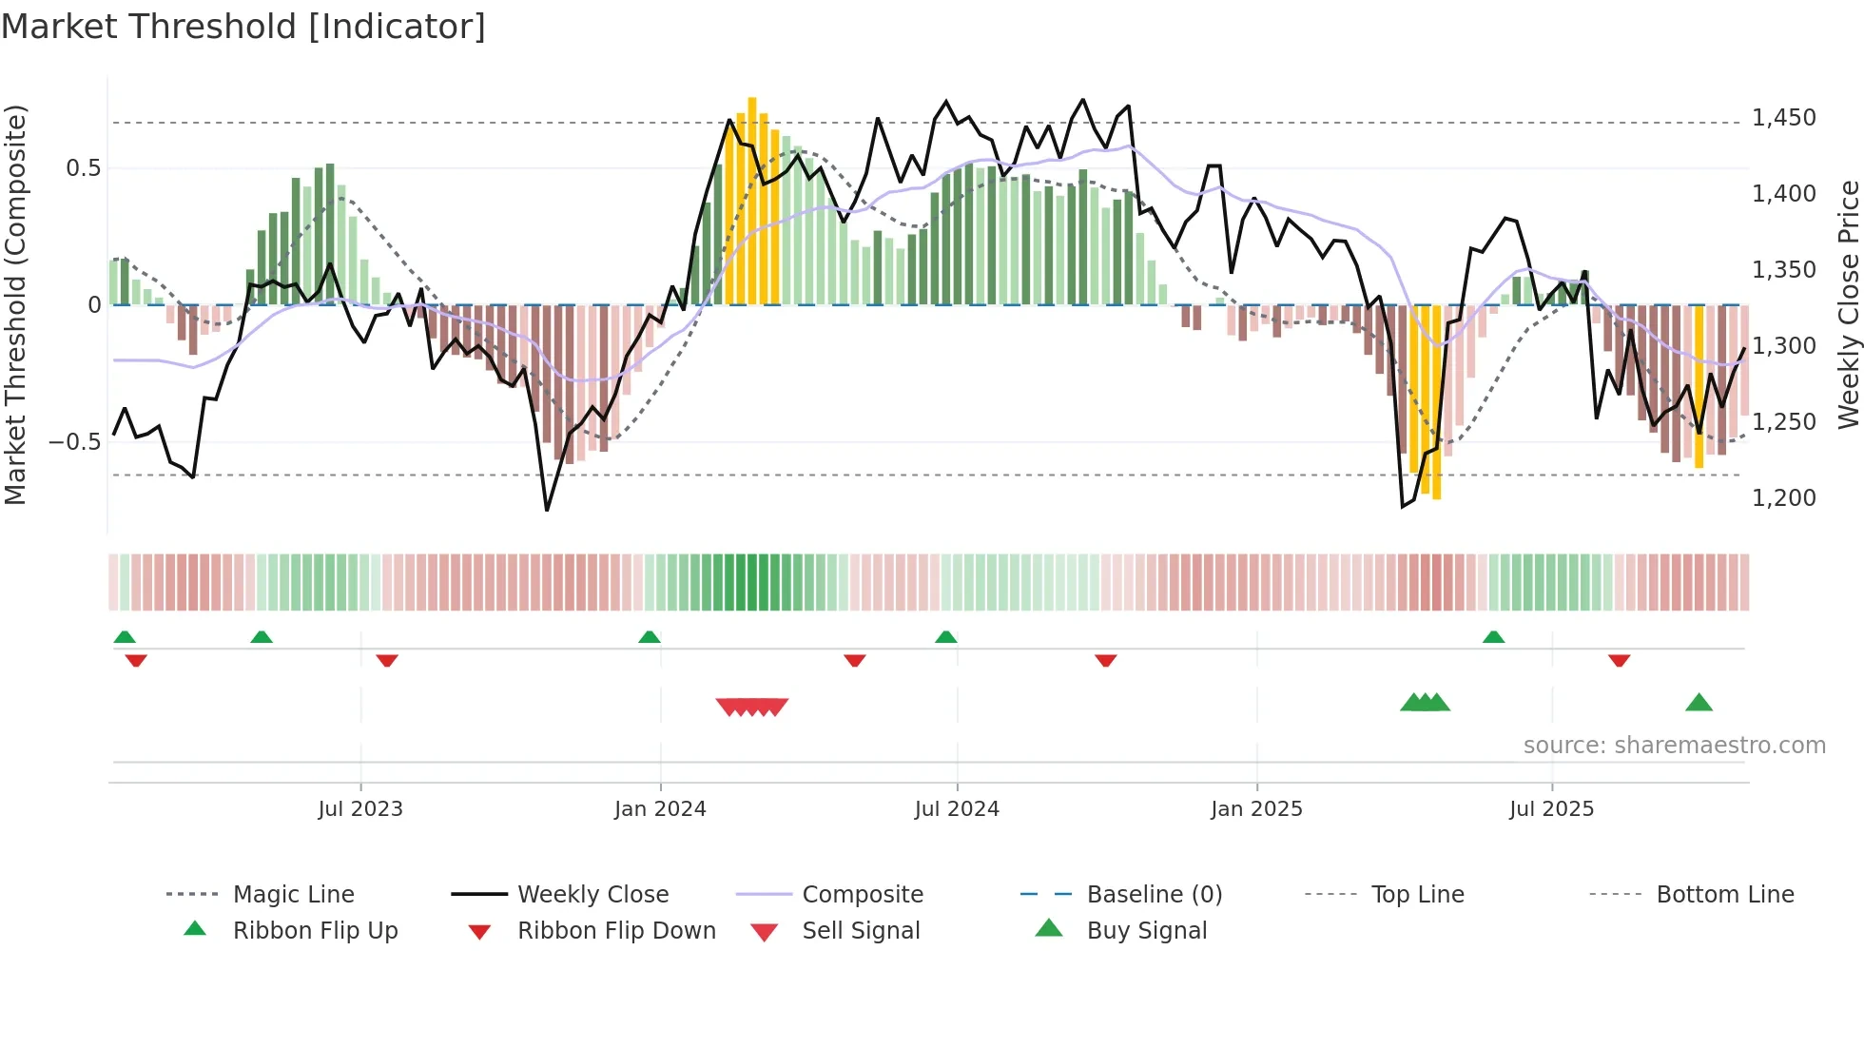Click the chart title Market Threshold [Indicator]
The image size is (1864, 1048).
pos(243,27)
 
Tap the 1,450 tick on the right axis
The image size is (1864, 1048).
pos(1783,118)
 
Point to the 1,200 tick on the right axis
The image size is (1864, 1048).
pos(1783,497)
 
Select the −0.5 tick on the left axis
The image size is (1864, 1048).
pos(74,442)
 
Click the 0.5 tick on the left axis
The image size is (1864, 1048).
pos(83,168)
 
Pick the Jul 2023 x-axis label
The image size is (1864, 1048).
pos(360,809)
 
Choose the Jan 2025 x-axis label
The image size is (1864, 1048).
pos(1256,809)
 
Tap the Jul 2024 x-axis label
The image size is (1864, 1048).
pos(957,809)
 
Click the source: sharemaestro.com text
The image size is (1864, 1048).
pos(1674,746)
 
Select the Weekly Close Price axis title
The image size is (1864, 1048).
pos(1848,304)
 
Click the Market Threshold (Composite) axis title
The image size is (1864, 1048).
pos(15,304)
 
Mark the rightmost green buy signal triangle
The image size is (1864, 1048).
pos(1699,704)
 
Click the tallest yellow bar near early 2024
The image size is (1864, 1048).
pos(752,201)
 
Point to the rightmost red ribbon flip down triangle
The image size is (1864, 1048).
pos(1620,660)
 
